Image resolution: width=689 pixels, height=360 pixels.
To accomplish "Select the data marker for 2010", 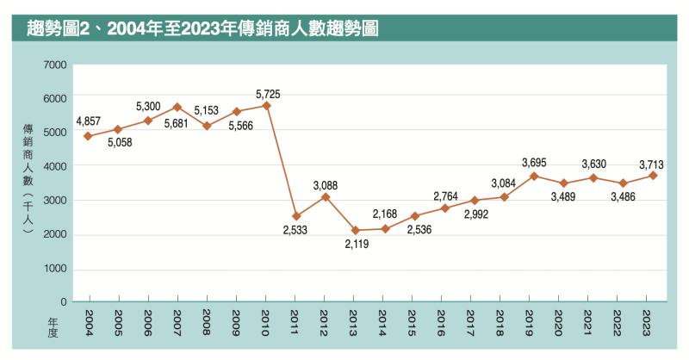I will (x=266, y=105).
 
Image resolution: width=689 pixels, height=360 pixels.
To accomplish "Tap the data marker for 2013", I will (x=355, y=230).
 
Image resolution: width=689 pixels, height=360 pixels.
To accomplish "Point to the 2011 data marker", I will (x=295, y=216).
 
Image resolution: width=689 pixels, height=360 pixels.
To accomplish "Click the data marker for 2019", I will (x=534, y=176).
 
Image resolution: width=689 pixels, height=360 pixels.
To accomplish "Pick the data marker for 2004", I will (x=88, y=136).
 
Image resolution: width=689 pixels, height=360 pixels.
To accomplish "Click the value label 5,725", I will (x=268, y=92).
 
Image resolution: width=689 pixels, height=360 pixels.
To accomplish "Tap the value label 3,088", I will (x=326, y=184).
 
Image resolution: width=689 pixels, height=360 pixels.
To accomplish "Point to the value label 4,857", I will (x=90, y=121).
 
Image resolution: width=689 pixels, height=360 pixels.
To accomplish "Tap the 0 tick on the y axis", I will (x=63, y=302).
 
